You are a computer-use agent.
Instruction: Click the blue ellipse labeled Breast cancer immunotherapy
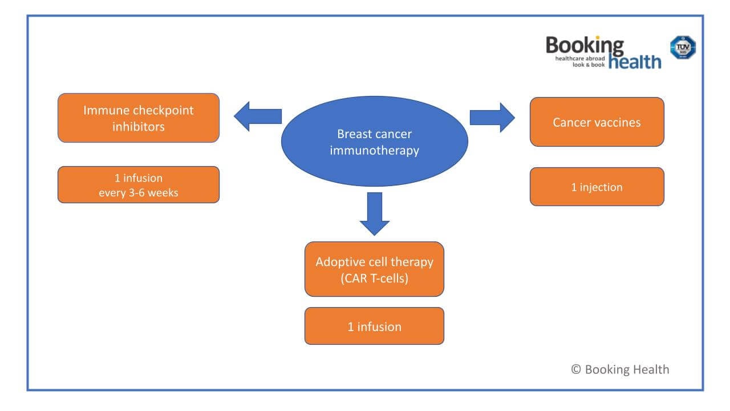[x=374, y=141]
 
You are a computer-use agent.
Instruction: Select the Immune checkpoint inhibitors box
[x=139, y=118]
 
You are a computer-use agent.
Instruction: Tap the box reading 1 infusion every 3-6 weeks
[x=139, y=184]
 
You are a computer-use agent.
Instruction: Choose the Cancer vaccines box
[x=597, y=122]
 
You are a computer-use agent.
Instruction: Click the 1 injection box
[x=597, y=187]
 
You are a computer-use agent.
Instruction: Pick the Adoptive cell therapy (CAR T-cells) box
[x=374, y=269]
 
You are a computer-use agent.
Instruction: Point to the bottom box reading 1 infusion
[x=374, y=326]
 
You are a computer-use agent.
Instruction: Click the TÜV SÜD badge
[x=683, y=48]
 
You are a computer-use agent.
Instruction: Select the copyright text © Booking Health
[x=620, y=369]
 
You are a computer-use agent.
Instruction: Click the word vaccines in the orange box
[x=618, y=122]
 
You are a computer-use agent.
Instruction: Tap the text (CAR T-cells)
[x=374, y=279]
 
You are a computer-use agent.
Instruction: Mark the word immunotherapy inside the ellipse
[x=374, y=151]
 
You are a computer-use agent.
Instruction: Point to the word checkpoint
[x=162, y=110]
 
